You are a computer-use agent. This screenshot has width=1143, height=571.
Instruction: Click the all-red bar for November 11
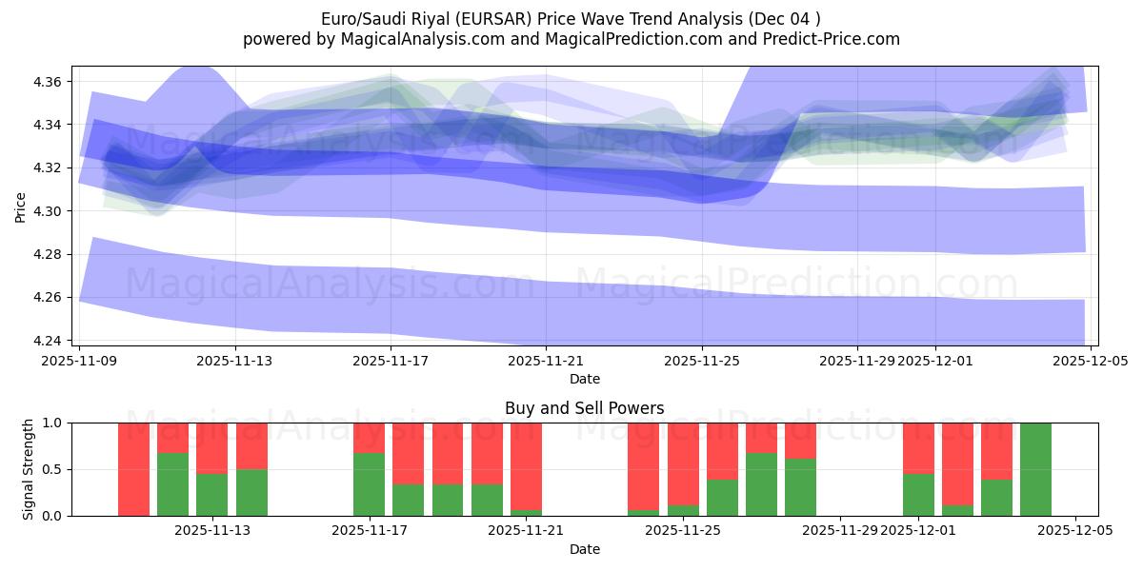click(x=133, y=469)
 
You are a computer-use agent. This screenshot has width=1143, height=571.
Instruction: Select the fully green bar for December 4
click(x=1035, y=469)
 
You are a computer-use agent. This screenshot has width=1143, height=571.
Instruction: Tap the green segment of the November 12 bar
click(x=172, y=484)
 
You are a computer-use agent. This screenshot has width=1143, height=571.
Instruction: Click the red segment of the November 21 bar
click(x=526, y=465)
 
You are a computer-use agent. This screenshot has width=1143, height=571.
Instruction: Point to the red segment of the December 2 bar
click(x=957, y=463)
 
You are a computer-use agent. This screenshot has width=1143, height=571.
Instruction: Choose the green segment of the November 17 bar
click(x=369, y=484)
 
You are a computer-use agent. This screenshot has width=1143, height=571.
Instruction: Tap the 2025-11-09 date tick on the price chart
click(x=80, y=362)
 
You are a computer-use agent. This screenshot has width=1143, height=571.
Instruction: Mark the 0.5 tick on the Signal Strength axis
click(x=53, y=469)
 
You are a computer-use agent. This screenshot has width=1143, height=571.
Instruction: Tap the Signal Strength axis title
click(x=29, y=469)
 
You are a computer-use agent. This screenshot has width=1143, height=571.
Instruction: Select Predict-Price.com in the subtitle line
click(x=828, y=39)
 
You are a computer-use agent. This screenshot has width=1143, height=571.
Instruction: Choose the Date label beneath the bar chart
click(x=585, y=549)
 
